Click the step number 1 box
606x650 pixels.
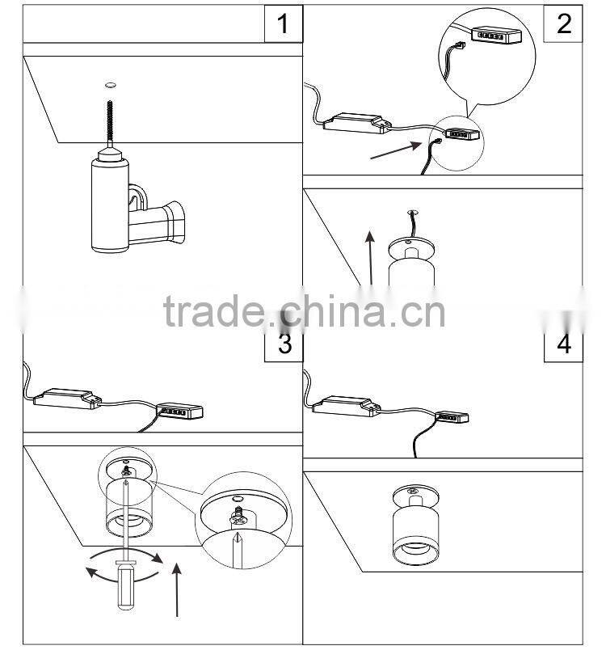[x=283, y=23]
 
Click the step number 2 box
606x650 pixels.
[x=563, y=22]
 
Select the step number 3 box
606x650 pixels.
[x=284, y=343]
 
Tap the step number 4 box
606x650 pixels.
[x=563, y=343]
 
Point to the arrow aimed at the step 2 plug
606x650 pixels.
[x=397, y=150]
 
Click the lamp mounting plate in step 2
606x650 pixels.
[x=412, y=246]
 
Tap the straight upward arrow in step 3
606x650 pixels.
[x=179, y=589]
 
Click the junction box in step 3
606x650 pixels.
[x=180, y=412]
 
